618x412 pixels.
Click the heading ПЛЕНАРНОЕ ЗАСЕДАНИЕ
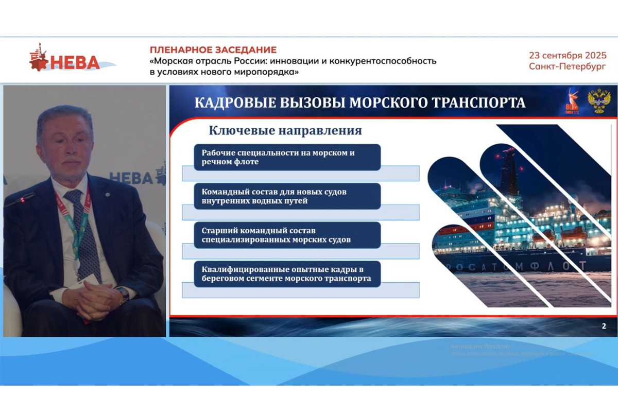(x=213, y=50)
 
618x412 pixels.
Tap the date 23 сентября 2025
(x=568, y=56)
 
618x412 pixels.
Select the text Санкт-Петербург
(x=568, y=66)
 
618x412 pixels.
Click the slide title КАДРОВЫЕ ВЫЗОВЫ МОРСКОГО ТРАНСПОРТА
(x=360, y=102)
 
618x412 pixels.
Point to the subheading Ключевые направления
(x=285, y=131)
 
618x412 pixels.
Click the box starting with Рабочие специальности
(x=287, y=158)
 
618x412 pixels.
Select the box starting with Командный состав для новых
(x=287, y=196)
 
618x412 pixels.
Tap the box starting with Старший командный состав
(x=287, y=235)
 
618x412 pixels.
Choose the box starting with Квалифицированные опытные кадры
(x=287, y=274)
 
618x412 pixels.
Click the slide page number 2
(x=604, y=326)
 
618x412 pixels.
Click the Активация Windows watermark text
(x=480, y=346)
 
